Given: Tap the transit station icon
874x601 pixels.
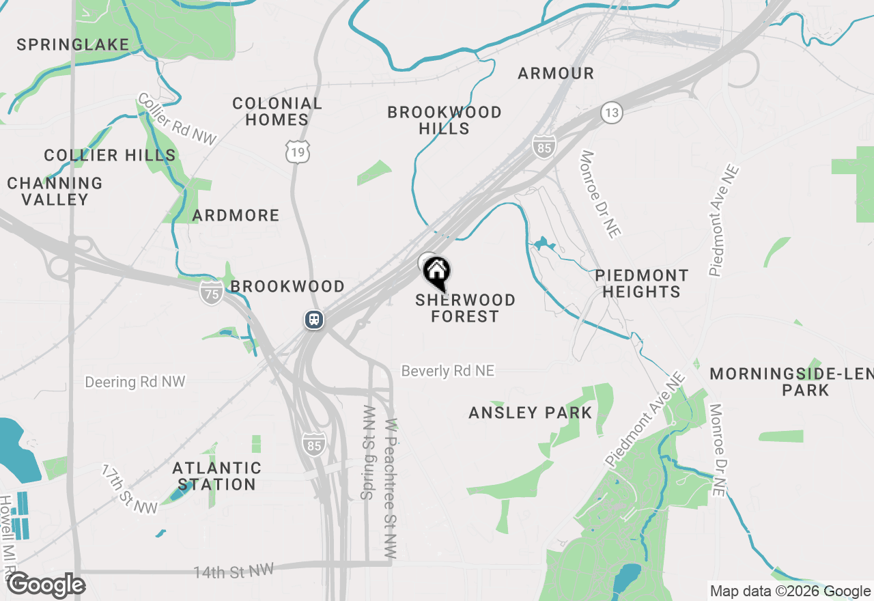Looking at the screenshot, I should point(314,320).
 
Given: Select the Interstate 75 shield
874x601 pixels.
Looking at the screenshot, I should point(212,294).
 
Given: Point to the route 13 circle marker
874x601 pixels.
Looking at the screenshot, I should point(612,113).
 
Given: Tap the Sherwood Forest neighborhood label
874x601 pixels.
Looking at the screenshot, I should point(465,308).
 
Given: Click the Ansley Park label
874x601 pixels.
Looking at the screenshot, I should point(530,413).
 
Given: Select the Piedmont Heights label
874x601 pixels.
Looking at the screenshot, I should point(641,283).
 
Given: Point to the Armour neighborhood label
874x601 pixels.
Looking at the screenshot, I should point(556,73).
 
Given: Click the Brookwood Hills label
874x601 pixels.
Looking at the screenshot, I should point(445,120).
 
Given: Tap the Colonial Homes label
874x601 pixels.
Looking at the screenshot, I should point(277,111).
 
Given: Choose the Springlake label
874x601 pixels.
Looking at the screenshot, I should point(73,45).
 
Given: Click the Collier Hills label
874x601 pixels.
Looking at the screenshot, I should point(110,156).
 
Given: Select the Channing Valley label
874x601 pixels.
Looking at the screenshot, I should point(55,191).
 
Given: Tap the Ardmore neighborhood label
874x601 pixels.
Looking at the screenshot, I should point(236,216).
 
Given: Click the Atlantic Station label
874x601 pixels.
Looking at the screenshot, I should point(216,476).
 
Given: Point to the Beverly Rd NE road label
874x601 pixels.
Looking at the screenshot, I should point(447,371).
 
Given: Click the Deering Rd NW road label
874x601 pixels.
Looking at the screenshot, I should point(135,382).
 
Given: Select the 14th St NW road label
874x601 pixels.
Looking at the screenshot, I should point(233,571).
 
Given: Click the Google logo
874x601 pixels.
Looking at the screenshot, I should point(46,585).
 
